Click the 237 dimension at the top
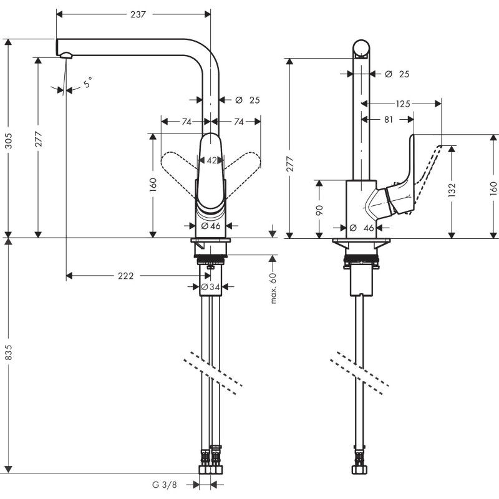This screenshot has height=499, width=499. click(x=138, y=14)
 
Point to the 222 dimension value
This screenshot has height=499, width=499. click(x=126, y=275)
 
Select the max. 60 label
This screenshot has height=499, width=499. click(x=274, y=288)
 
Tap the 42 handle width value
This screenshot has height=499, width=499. click(x=212, y=160)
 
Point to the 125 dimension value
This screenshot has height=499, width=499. click(x=403, y=104)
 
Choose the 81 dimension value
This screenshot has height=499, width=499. click(x=389, y=120)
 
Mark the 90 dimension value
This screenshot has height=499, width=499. click(x=319, y=210)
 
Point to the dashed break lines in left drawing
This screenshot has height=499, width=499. click(x=212, y=374)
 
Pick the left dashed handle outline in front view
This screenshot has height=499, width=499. click(x=178, y=165)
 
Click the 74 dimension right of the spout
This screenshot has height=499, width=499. click(x=238, y=122)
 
